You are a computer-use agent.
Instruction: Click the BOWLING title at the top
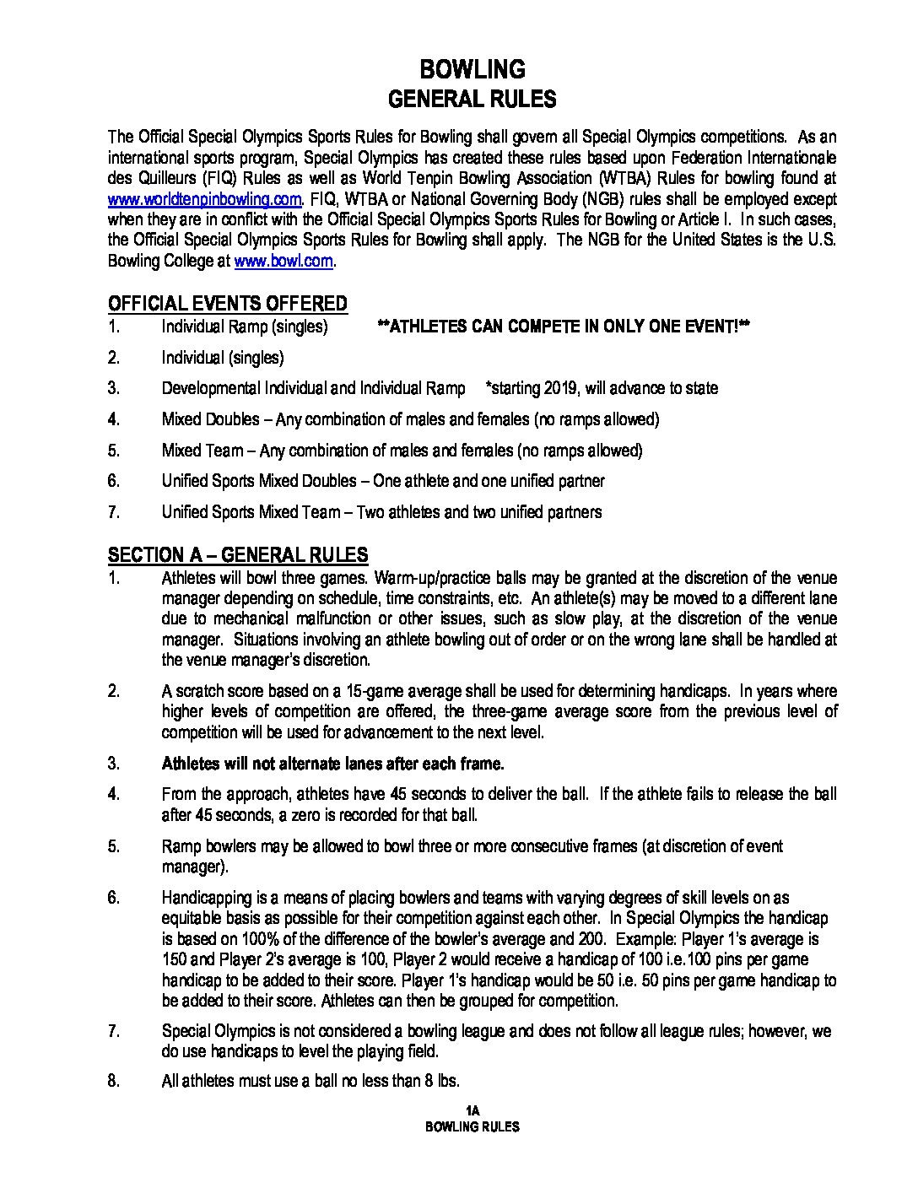click(x=472, y=69)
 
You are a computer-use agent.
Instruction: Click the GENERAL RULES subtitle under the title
click(x=472, y=100)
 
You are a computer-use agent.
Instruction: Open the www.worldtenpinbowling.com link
click(x=204, y=199)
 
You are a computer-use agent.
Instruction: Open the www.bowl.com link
click(x=283, y=262)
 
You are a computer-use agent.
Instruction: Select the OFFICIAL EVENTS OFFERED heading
click(x=227, y=304)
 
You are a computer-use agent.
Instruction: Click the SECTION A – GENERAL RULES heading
click(x=238, y=555)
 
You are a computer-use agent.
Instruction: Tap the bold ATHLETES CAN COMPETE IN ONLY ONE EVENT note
click(x=564, y=327)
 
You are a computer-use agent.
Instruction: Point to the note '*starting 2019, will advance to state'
click(x=602, y=388)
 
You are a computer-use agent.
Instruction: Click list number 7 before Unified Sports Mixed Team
click(x=114, y=511)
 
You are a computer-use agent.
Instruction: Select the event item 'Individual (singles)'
click(x=223, y=358)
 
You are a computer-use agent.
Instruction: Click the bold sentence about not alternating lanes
click(x=332, y=764)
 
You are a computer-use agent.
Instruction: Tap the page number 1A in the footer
click(x=472, y=1110)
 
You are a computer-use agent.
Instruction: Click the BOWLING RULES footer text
click(x=472, y=1127)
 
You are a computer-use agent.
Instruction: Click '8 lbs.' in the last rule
click(x=438, y=1082)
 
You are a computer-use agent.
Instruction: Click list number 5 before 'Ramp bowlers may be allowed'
click(x=114, y=846)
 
